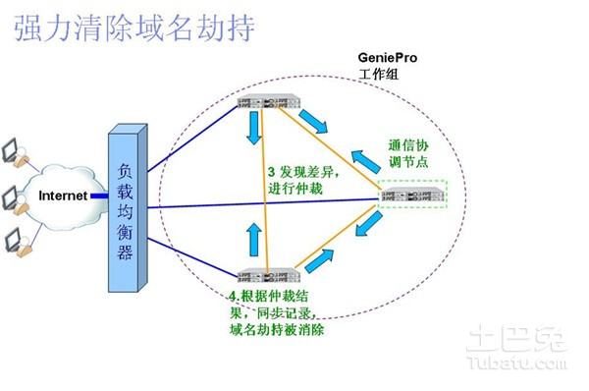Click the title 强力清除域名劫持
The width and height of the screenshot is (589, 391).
click(x=134, y=27)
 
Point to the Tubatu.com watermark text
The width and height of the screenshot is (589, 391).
click(x=523, y=367)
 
